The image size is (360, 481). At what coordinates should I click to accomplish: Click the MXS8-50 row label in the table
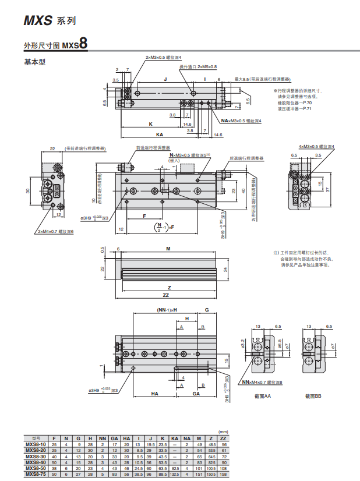(36, 468)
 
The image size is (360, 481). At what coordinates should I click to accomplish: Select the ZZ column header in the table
(223, 438)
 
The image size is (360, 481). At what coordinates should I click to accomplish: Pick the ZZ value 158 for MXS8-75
(223, 474)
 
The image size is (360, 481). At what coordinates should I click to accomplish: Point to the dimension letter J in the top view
(165, 79)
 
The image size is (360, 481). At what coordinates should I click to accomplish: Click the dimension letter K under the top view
(150, 124)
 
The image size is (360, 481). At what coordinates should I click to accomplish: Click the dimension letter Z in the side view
(169, 287)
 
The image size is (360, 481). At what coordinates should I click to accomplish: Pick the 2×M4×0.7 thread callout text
(57, 231)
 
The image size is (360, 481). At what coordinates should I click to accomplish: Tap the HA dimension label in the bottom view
(155, 394)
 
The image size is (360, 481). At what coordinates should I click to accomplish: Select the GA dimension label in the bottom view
(196, 394)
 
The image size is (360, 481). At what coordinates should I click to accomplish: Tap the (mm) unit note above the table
(222, 432)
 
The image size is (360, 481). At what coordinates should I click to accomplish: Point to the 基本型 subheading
(34, 62)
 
